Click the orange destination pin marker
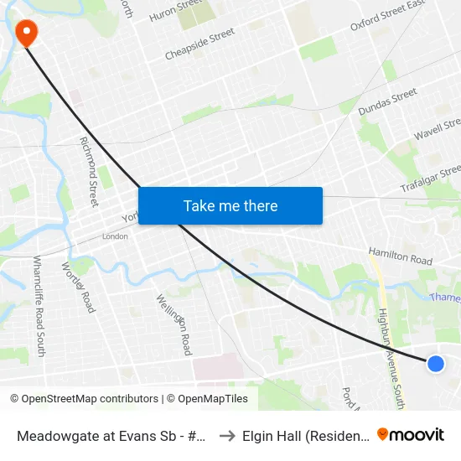tap(27, 33)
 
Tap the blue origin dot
tap(435, 363)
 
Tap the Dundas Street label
tap(387, 101)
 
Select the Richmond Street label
tap(89, 171)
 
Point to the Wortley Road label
tap(78, 287)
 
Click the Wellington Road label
tap(174, 324)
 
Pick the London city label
tap(115, 236)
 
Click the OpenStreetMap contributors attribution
tap(86, 399)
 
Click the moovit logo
tap(411, 435)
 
